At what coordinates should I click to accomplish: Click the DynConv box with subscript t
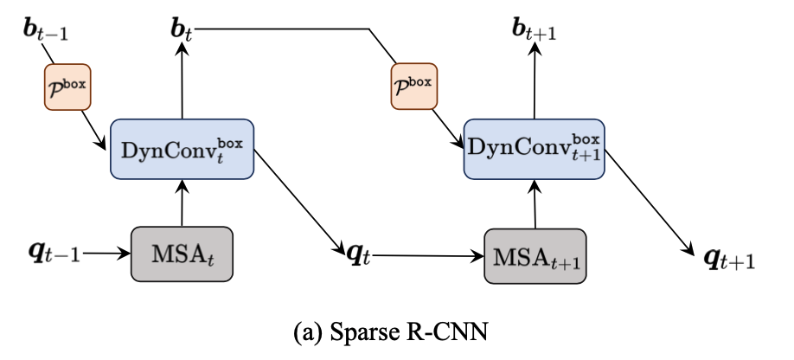point(182,149)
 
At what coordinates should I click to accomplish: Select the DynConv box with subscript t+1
point(533,149)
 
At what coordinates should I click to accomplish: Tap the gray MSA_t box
point(182,254)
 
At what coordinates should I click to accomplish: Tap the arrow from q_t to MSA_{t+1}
point(428,255)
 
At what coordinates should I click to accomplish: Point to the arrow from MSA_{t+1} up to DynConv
point(536,203)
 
